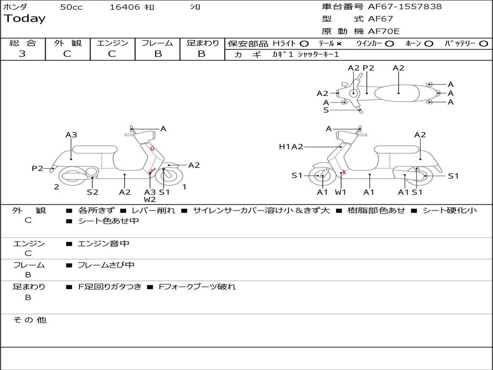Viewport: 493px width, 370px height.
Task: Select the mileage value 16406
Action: coord(124,7)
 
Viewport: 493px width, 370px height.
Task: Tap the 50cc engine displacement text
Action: coord(71,7)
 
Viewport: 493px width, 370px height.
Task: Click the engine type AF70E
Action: coord(384,31)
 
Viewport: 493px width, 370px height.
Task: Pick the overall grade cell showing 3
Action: coord(22,54)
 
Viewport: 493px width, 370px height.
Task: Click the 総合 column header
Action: coord(23,43)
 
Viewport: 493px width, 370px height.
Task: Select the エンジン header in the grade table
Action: coord(112,43)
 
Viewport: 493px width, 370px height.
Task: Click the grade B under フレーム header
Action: coord(157,54)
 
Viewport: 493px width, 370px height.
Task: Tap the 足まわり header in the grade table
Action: coord(202,43)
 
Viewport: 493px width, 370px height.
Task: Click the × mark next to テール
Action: coord(338,44)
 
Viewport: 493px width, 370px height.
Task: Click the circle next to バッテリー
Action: coord(483,44)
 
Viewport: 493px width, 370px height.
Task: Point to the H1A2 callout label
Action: coord(291,147)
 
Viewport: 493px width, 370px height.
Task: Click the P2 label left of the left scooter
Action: coord(37,168)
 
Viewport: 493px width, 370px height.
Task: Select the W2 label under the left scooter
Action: coord(150,199)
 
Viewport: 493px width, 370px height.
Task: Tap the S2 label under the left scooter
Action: coord(92,192)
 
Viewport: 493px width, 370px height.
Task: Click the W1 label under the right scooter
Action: coord(341,192)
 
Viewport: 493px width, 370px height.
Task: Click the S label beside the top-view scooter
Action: coord(326,110)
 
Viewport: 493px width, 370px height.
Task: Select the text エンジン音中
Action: coord(103,244)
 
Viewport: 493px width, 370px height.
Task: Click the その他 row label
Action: coord(29,320)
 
